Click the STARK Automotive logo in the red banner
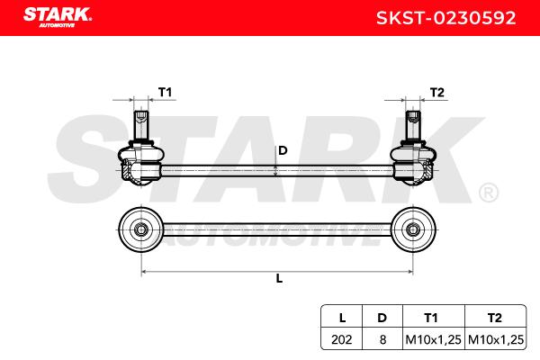coord(58,17)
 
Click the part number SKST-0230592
coord(446,18)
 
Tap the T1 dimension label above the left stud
coord(165,93)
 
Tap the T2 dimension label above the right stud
coord(437,93)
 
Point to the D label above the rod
coord(283,150)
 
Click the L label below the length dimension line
coord(279,278)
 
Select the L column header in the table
coord(342,318)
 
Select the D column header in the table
coord(382,318)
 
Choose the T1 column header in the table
coord(430,318)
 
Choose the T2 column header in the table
coord(494,318)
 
